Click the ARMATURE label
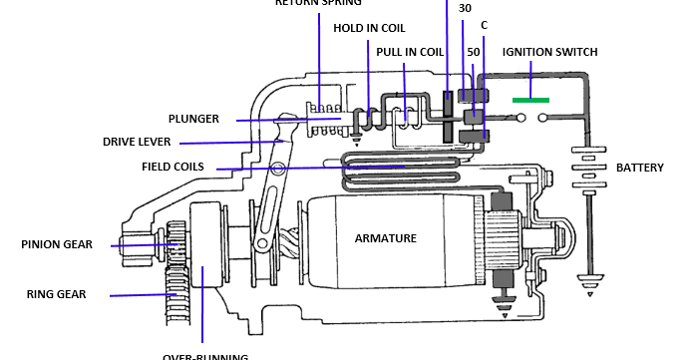coord(386,238)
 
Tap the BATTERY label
coord(639,168)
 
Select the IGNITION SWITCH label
coord(550,52)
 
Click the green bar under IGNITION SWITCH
coord(529,100)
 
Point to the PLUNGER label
coord(193,119)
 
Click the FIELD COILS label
coord(172,166)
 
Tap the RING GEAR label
coord(56,294)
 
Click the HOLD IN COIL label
coord(368,28)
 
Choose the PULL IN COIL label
coord(410,52)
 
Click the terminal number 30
coord(465,9)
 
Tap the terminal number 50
coord(473,51)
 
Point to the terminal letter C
coord(484,24)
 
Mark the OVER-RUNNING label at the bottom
coord(204,355)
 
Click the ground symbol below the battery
coord(585,278)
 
